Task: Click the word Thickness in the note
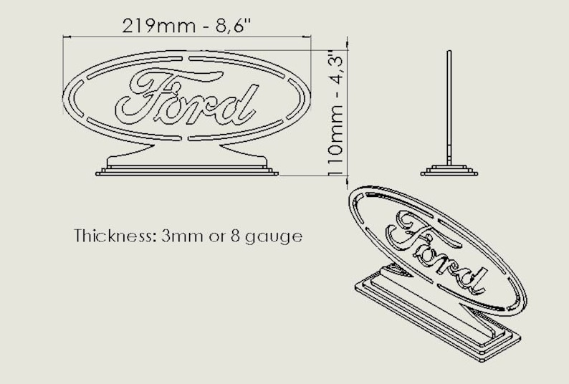click(112, 236)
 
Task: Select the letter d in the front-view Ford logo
click(240, 105)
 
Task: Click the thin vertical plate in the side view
click(449, 107)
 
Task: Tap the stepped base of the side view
click(449, 171)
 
